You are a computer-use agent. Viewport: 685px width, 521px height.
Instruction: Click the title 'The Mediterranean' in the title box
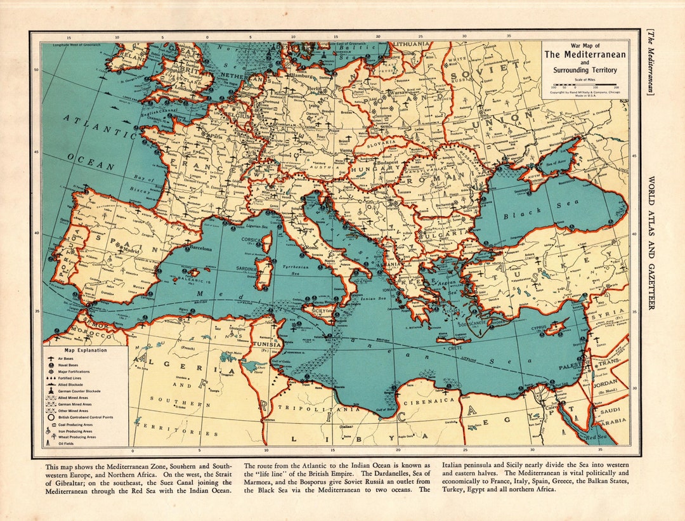[585, 54]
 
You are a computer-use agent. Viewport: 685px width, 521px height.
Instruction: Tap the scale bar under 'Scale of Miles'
[584, 84]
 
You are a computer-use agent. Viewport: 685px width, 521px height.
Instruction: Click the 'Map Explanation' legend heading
[86, 350]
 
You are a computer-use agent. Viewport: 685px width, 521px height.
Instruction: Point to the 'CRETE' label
[454, 350]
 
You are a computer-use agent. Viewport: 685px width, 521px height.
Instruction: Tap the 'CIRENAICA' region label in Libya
[434, 400]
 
